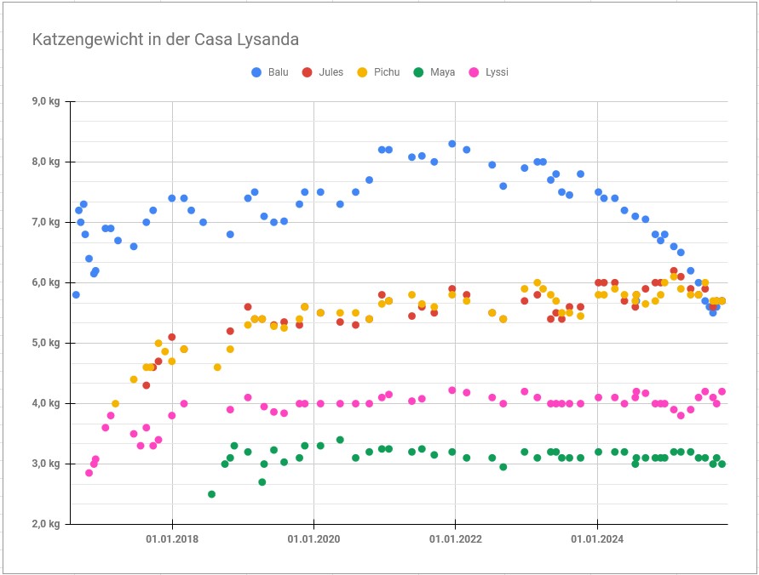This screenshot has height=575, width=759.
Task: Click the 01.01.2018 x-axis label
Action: (x=172, y=539)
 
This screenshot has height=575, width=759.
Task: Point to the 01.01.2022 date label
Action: (x=455, y=539)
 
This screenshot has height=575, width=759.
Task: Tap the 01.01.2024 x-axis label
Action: (x=597, y=539)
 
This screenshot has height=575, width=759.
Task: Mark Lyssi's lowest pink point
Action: (x=89, y=473)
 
